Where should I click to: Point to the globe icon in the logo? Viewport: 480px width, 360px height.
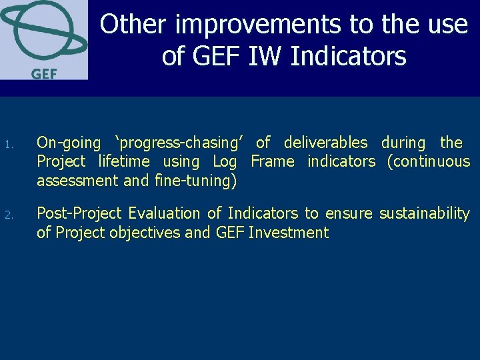43,32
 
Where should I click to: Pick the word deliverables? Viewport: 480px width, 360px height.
325,143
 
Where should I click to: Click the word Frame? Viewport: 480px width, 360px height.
272,161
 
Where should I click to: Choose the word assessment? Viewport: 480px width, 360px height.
75,181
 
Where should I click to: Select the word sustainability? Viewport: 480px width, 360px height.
424,213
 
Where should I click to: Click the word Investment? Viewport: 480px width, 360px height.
288,233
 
